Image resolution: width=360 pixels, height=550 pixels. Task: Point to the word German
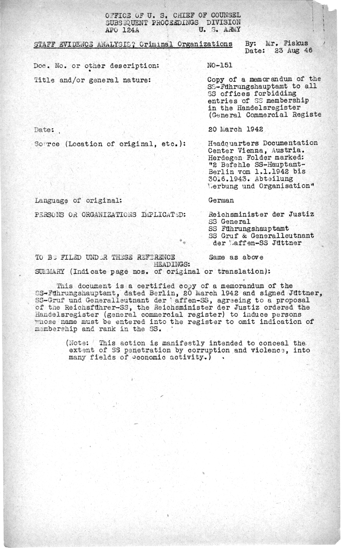(221, 200)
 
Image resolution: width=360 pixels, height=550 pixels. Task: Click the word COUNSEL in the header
(224, 16)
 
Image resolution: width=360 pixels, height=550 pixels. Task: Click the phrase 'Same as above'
(236, 257)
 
